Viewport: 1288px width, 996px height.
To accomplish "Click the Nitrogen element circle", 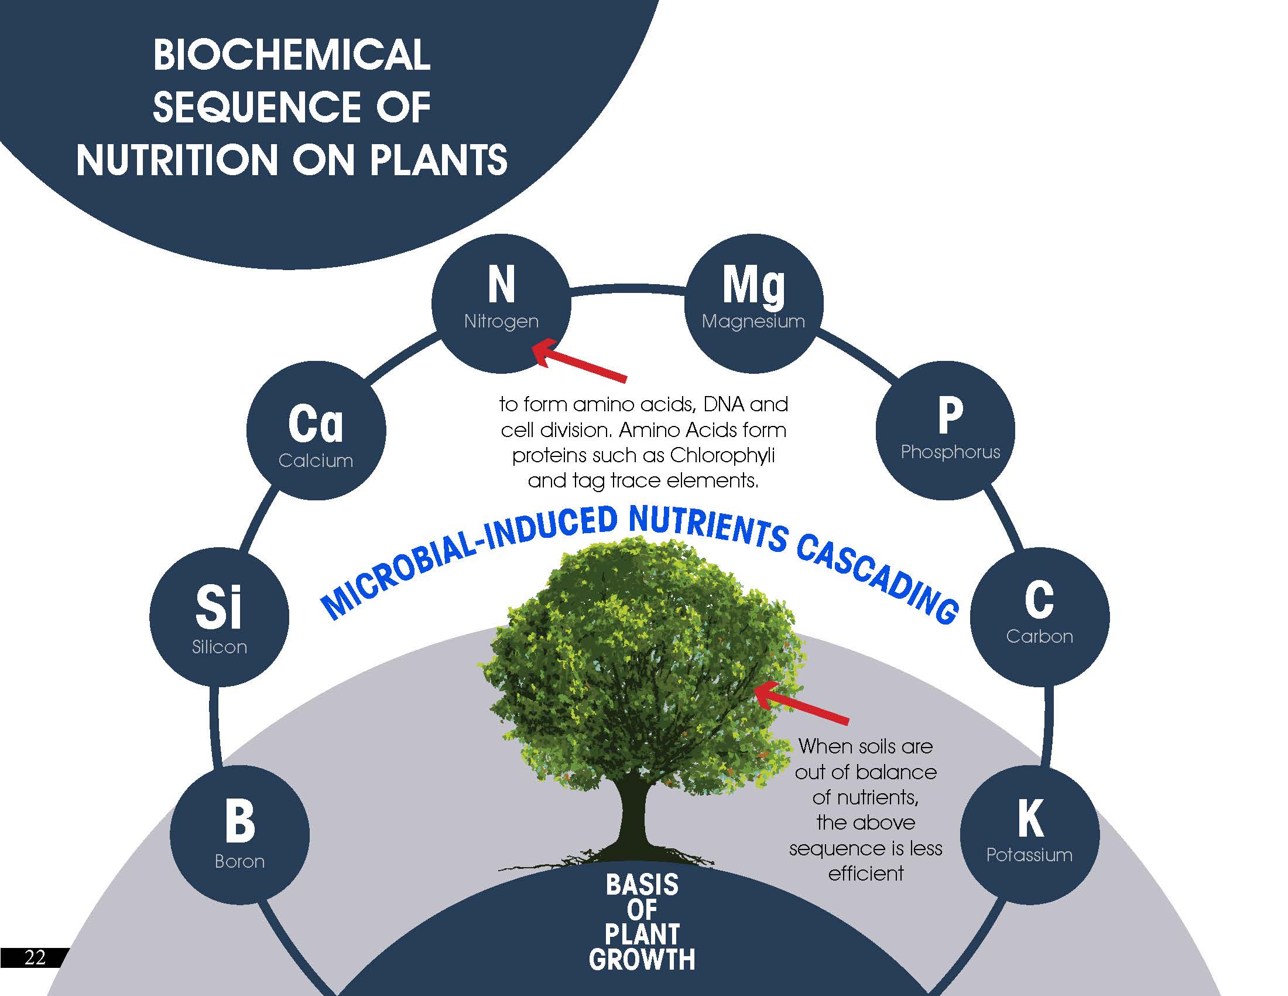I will pyautogui.click(x=501, y=303).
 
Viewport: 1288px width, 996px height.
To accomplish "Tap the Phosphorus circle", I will pyautogui.click(x=946, y=431).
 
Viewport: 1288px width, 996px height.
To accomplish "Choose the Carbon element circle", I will pyautogui.click(x=1040, y=616).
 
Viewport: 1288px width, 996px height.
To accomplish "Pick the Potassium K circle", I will pyautogui.click(x=1030, y=834).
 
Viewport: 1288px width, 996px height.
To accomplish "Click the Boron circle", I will pyautogui.click(x=239, y=834).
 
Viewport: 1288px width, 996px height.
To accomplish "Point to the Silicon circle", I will pyautogui.click(x=219, y=616).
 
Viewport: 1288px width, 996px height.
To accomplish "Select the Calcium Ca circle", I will pyautogui.click(x=316, y=431).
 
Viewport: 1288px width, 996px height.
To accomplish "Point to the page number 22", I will pyautogui.click(x=34, y=957).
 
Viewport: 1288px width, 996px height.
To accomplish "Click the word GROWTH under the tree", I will pyautogui.click(x=642, y=960).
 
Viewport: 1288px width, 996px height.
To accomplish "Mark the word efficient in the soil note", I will pyautogui.click(x=865, y=874).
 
